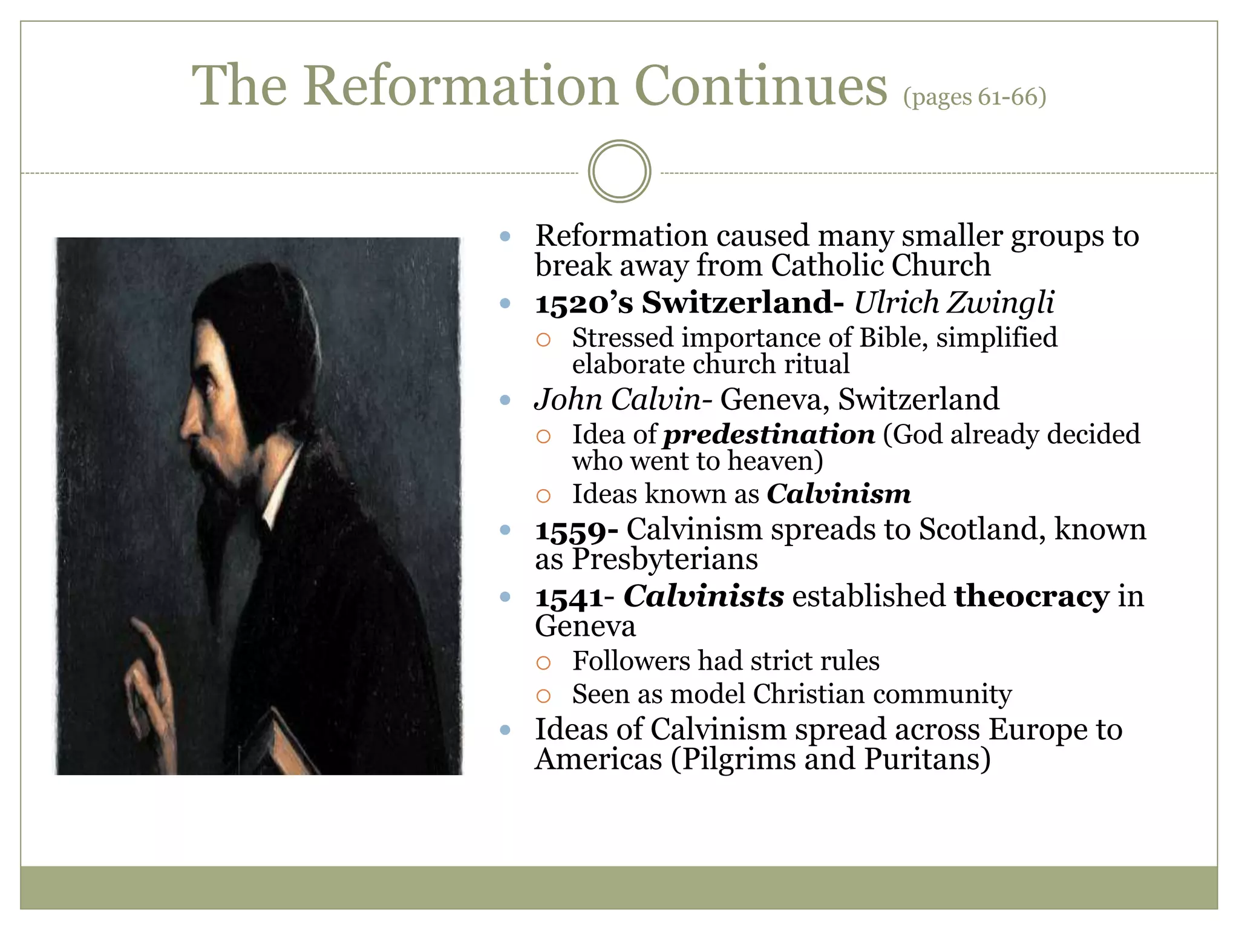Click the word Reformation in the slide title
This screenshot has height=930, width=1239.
tap(461, 86)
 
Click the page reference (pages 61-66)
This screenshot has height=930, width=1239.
tap(974, 97)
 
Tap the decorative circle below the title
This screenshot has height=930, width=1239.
tap(619, 171)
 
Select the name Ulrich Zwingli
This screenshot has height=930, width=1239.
tap(953, 303)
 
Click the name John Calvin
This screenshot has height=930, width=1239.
tap(617, 400)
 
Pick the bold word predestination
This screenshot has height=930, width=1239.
tap(769, 435)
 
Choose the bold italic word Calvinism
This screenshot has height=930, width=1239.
tap(839, 494)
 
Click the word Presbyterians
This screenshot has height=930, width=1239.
tap(664, 559)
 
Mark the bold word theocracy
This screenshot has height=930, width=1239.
tap(1031, 596)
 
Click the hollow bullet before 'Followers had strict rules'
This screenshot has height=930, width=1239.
tap(543, 662)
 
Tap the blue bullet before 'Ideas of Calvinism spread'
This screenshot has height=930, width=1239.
tap(506, 730)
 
